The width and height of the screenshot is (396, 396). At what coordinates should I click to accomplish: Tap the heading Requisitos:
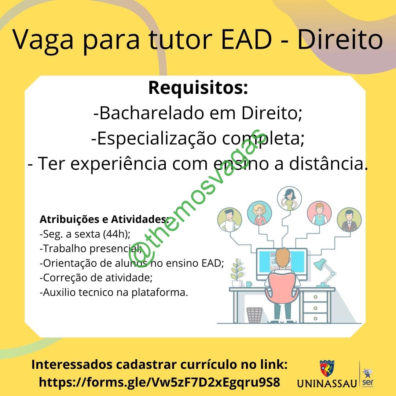198,88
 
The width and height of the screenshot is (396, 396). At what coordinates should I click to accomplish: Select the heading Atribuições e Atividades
103,219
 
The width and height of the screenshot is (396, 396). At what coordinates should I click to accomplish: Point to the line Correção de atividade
96,278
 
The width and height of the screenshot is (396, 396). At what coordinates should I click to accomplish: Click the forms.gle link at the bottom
159,382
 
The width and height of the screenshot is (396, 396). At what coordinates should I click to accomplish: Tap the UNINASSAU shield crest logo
327,368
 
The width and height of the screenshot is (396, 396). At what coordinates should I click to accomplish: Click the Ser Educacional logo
368,378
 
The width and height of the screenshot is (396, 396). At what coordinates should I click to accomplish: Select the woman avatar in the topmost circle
289,198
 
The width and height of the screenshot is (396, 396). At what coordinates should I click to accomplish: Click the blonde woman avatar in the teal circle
259,213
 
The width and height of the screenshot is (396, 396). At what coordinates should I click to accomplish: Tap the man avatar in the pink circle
319,213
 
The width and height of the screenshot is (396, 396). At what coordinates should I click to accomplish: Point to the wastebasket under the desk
254,315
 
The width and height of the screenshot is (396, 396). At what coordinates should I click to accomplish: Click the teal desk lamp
324,273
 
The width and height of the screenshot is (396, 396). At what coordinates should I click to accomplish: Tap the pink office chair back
282,288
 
